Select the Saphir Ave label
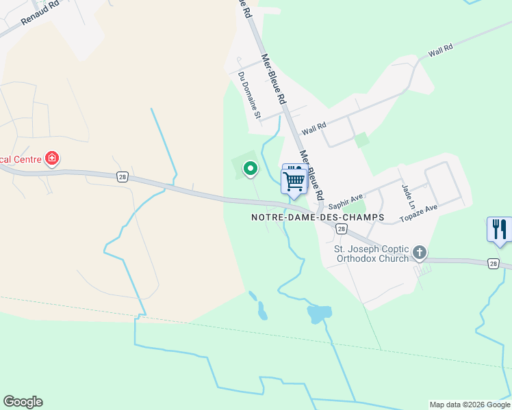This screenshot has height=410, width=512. [x=346, y=202]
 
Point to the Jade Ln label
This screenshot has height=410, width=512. [x=409, y=196]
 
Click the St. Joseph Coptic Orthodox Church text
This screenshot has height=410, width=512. [x=371, y=254]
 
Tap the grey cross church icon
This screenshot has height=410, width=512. [x=420, y=254]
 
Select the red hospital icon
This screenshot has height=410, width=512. [x=51, y=159]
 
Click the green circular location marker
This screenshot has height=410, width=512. [x=251, y=167]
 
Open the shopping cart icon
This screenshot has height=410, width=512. [x=294, y=182]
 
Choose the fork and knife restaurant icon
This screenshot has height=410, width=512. [x=499, y=230]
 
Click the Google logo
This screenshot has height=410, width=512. [x=23, y=402]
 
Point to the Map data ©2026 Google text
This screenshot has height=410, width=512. [x=469, y=405]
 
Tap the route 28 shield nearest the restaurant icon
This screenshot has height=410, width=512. [x=493, y=263]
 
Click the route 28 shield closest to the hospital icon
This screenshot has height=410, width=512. [x=122, y=176]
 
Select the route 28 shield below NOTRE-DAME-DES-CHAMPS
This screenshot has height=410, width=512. [x=340, y=230]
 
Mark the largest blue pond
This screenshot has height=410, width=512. [x=319, y=314]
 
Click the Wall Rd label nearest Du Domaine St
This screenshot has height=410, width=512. [x=314, y=127]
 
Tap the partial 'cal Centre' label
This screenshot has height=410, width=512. [x=21, y=159]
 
